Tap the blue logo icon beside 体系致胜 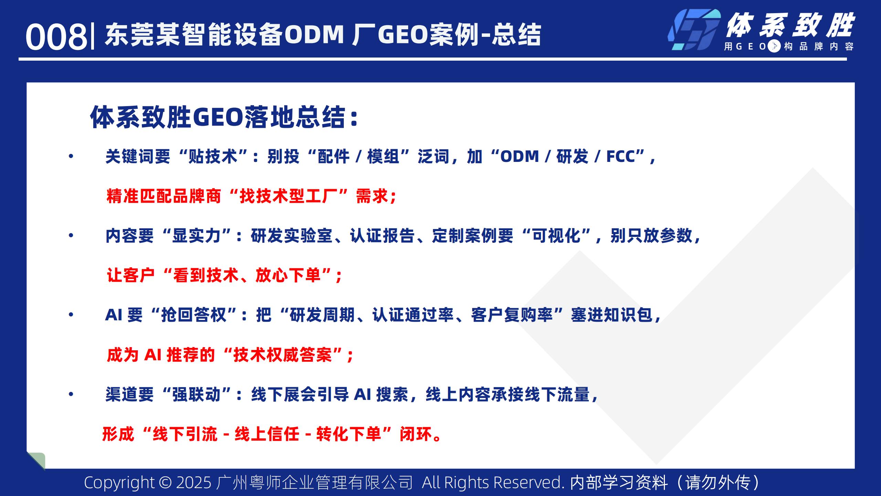(x=694, y=30)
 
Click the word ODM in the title (x=314, y=34)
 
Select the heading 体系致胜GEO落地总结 (x=224, y=117)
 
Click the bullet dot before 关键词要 (x=71, y=157)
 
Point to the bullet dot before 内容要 (x=71, y=236)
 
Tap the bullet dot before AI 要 (x=71, y=315)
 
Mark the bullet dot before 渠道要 (x=71, y=394)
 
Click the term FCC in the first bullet (x=620, y=156)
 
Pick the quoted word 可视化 (x=556, y=236)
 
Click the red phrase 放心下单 (x=288, y=276)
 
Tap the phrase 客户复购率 (x=512, y=315)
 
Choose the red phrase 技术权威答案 (x=283, y=355)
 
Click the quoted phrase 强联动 (x=196, y=394)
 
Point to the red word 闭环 (x=416, y=434)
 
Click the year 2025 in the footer (x=194, y=483)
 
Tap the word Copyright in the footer (x=119, y=483)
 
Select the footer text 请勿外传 (x=718, y=483)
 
